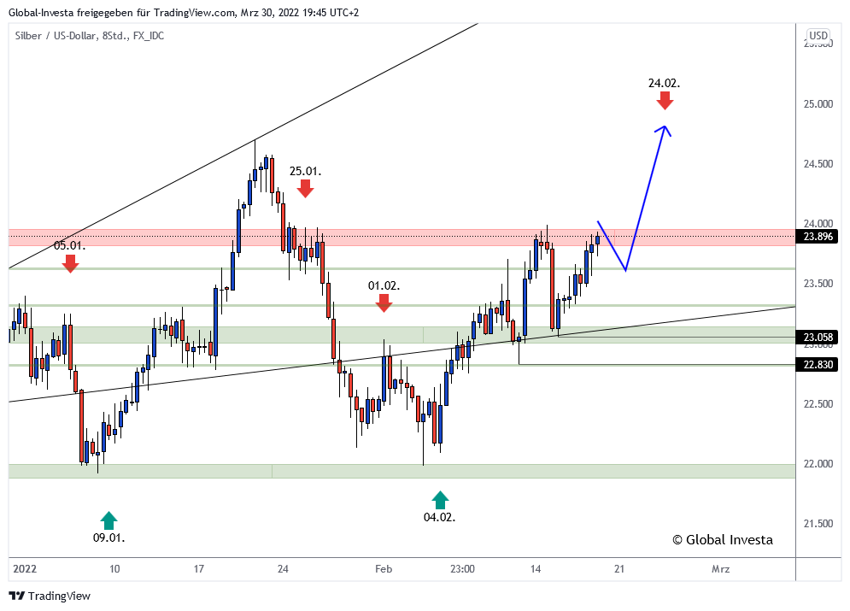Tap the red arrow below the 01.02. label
tap(384, 302)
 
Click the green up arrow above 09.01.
tap(108, 520)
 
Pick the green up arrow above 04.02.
tap(439, 500)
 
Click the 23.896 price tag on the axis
tap(818, 237)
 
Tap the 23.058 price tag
tap(818, 337)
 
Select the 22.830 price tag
tap(818, 364)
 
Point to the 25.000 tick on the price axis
tap(818, 104)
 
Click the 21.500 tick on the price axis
tap(818, 524)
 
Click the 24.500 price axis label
tap(818, 164)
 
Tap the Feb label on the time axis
tap(383, 568)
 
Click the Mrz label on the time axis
tap(720, 568)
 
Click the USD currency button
tap(818, 35)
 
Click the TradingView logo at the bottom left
tap(50, 596)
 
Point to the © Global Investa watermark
tap(722, 539)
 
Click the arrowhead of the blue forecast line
tap(664, 130)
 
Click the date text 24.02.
tap(664, 83)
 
